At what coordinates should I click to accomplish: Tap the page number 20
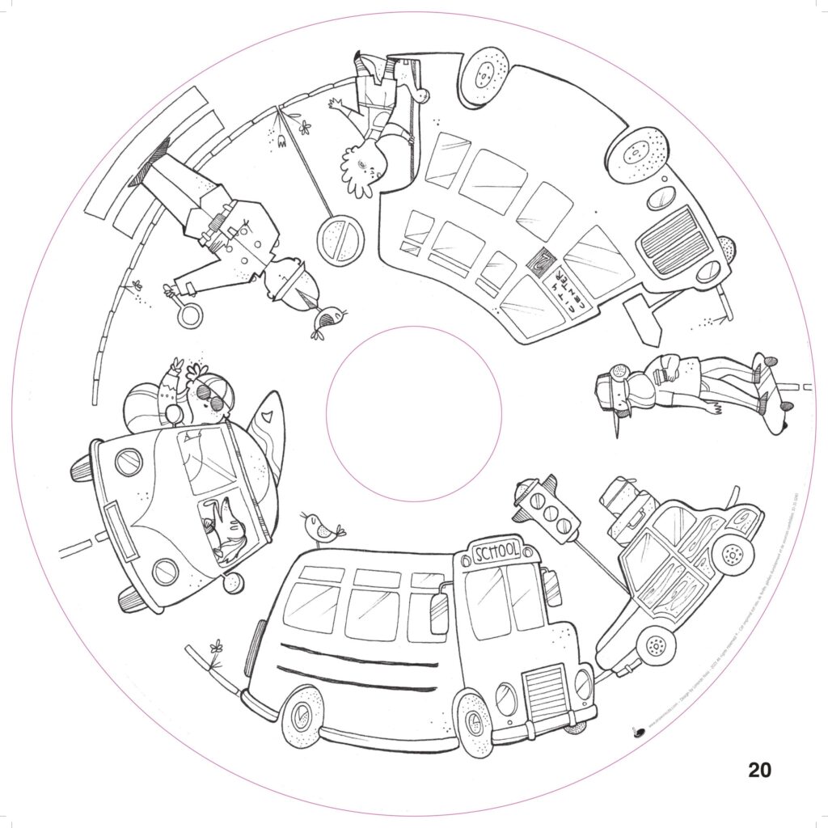[x=759, y=769]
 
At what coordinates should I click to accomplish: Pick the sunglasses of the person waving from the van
[x=212, y=395]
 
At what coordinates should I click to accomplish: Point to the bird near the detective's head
[x=329, y=321]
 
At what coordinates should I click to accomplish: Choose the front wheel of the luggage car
[x=733, y=554]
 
